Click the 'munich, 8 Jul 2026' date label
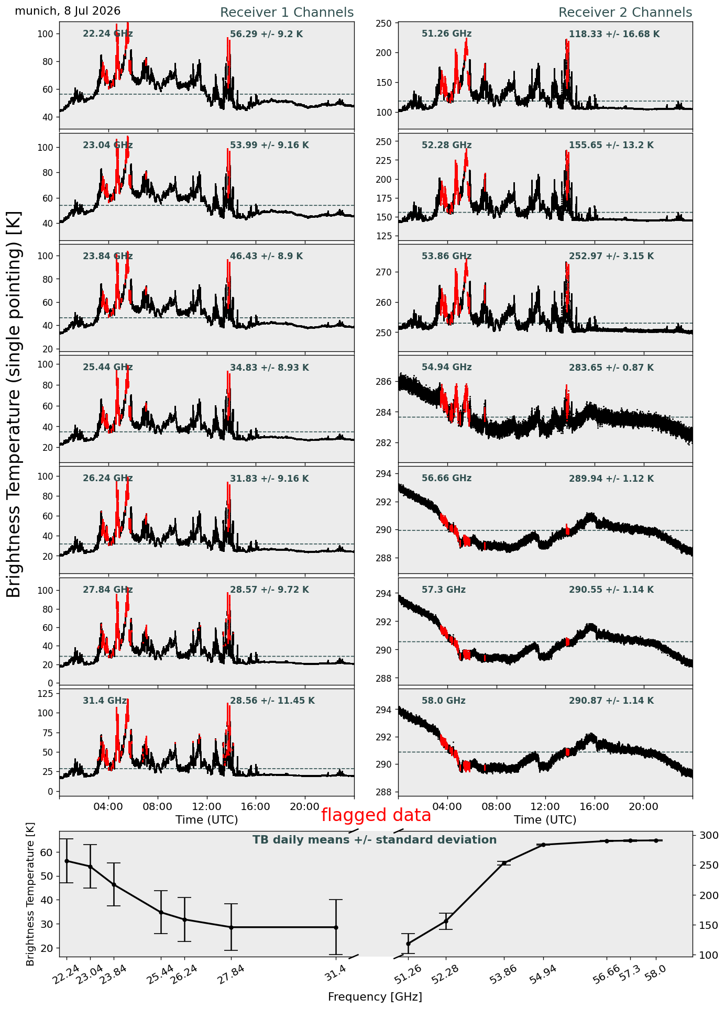coord(68,11)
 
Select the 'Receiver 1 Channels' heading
coord(287,13)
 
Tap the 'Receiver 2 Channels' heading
coord(625,13)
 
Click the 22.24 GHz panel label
coord(108,34)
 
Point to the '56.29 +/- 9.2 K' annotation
coord(267,35)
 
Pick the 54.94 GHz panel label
coord(446,368)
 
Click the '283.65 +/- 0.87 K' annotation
coord(611,368)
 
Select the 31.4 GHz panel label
coord(105,701)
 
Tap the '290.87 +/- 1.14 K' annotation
coord(611,701)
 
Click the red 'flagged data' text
coord(376,815)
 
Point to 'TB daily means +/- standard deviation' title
coord(375,840)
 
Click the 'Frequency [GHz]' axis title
coord(375,997)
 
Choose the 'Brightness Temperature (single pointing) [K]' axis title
coord(14,404)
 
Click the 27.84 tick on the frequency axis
coord(231,975)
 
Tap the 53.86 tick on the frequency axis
coord(504,975)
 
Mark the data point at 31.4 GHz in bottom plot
coord(336,927)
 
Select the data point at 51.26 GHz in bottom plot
coord(408,944)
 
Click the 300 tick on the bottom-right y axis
coord(705,835)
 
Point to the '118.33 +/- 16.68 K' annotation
coord(614,35)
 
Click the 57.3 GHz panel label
coord(444,590)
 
